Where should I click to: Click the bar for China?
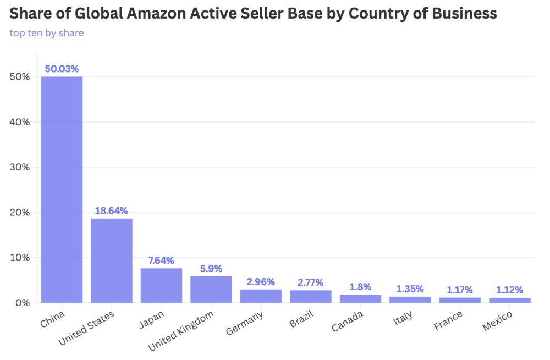[62, 190]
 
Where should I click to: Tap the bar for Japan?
[161, 285]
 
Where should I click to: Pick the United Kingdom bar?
[211, 289]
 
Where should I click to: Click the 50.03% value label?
[62, 69]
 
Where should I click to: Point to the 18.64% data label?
[112, 211]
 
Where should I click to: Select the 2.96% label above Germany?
[261, 281]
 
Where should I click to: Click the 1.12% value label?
[510, 290]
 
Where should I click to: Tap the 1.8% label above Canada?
[360, 287]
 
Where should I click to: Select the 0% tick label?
[22, 303]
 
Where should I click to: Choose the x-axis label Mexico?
[497, 322]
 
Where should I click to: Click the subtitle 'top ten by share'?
[47, 33]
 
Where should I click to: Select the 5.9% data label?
[211, 269]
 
